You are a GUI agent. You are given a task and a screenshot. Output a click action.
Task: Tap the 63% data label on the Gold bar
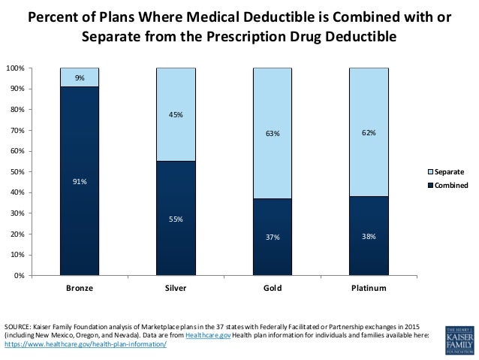point(272,134)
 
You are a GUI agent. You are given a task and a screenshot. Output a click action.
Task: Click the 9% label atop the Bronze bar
point(80,77)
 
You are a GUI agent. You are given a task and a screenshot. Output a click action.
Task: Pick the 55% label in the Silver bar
point(176,219)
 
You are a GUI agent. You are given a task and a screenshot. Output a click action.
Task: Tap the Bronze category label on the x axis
point(80,289)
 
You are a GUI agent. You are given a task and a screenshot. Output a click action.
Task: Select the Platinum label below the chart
point(368,289)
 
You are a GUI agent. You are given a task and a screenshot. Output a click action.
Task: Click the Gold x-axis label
point(272,289)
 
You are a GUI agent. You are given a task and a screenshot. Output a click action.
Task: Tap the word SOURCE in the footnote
point(19,328)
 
